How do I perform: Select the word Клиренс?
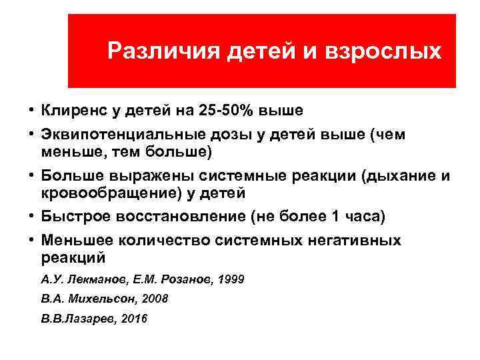pos(72,109)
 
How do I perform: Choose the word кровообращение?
pos(117,193)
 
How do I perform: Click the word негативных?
pos(355,240)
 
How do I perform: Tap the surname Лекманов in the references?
pos(95,279)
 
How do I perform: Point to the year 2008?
pos(155,299)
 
